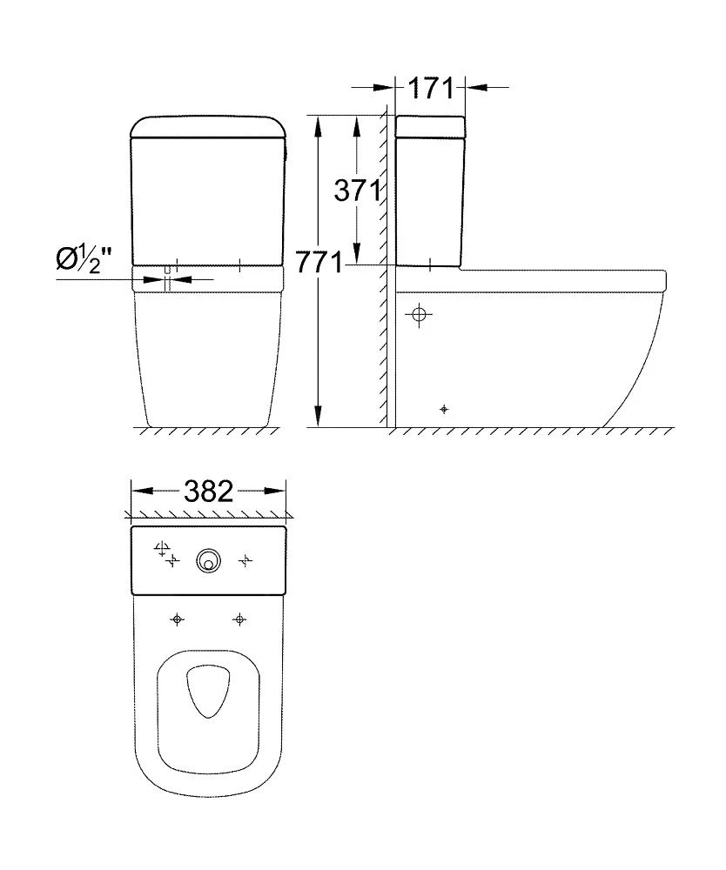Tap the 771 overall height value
pos(319,262)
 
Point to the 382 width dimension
pos(209,492)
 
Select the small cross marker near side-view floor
pos(445,408)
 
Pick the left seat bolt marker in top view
pos(178,619)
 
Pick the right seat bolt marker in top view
pos(239,619)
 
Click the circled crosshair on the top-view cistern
pos(160,548)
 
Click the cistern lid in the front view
pos(208,126)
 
